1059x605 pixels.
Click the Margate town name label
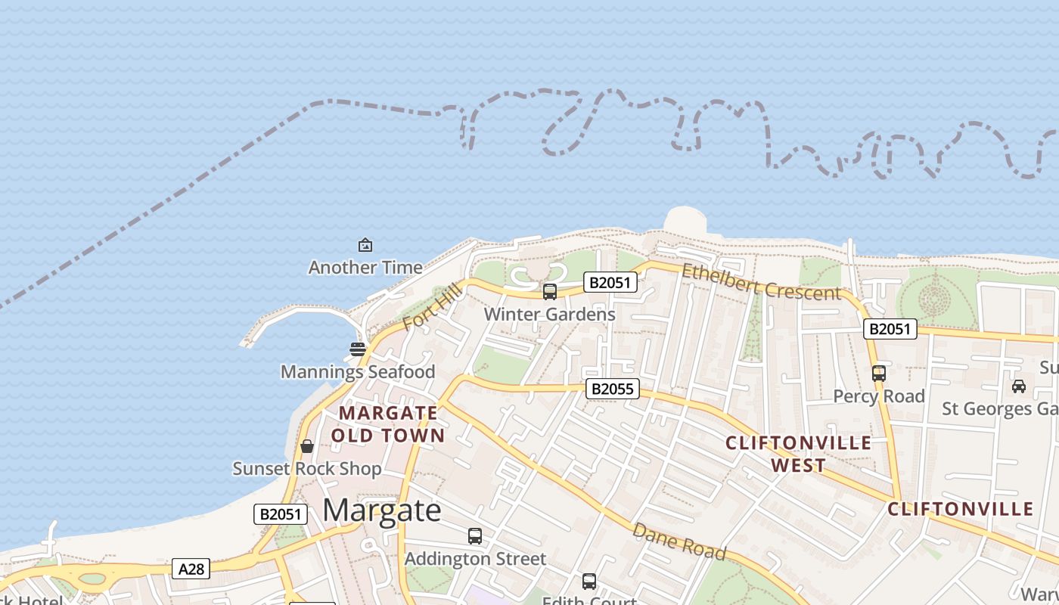382,510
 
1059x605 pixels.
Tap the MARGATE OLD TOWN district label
388,424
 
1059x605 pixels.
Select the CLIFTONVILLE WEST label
799,454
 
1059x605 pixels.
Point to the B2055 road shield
613,389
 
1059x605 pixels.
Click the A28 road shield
191,569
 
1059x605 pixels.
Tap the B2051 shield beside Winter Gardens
610,283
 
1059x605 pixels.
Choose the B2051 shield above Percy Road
890,329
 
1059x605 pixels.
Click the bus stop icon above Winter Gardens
550,291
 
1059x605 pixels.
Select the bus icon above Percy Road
878,374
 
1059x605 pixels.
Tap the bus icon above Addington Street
475,536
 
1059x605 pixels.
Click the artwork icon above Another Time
365,245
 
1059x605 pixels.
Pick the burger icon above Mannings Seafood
358,349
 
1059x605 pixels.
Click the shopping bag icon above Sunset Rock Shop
307,446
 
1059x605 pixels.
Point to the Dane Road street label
679,541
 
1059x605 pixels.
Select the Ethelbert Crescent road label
761,282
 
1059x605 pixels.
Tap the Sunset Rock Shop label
307,469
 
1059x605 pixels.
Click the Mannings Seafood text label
358,372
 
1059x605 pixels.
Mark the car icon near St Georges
1019,386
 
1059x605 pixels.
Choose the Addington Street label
475,559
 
